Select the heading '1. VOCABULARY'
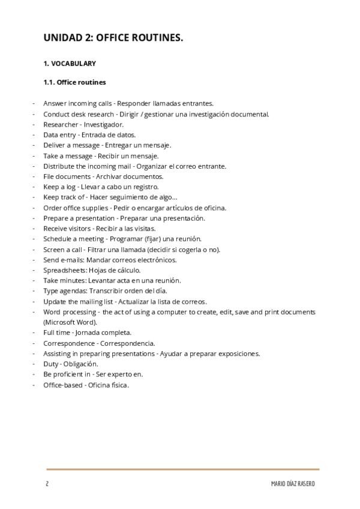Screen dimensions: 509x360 (x=70, y=63)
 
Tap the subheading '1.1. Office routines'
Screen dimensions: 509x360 (x=75, y=82)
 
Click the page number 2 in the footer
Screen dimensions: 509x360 (x=46, y=484)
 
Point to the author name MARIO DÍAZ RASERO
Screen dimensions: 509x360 (x=292, y=484)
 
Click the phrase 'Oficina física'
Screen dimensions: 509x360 (x=108, y=385)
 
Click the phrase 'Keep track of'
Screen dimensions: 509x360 (x=64, y=197)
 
